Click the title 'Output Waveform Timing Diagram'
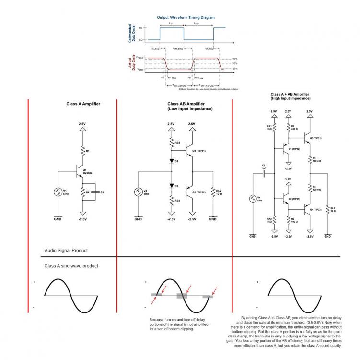coord(186,17)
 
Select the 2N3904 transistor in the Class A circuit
coord(79,170)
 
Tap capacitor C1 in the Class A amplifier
coord(96,192)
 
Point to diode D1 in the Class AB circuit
coord(171,161)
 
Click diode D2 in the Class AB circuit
coord(171,185)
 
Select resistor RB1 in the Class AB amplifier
coord(171,143)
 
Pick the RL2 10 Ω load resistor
coord(213,192)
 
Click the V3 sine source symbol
coord(138,192)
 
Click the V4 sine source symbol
coord(253,198)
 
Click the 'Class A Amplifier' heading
coord(83,104)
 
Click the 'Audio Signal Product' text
coord(66,251)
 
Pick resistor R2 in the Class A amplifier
coord(82,192)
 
